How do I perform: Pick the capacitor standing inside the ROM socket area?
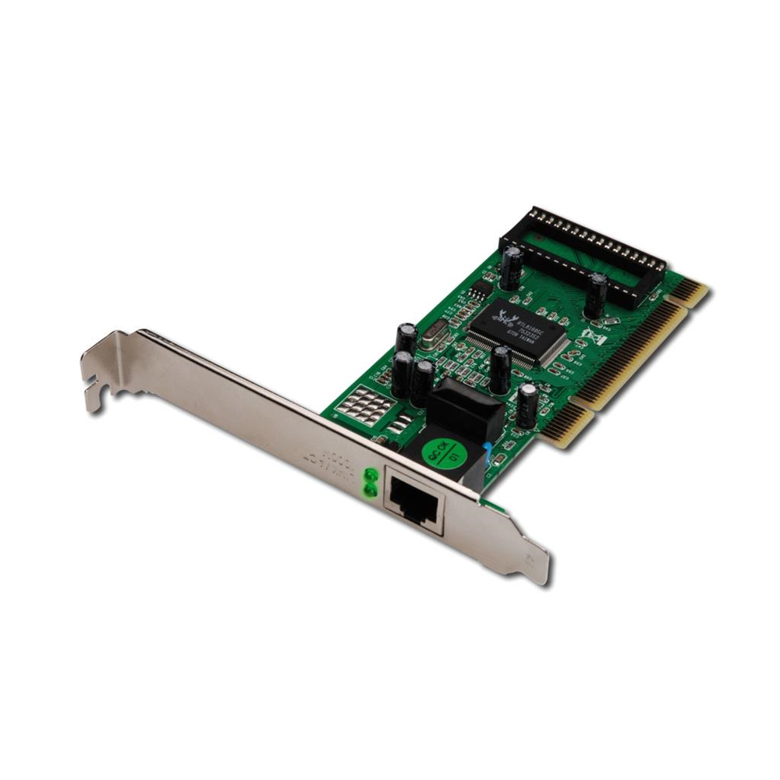(x=597, y=294)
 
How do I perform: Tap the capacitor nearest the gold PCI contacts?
(x=528, y=403)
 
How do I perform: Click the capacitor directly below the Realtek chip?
(x=500, y=368)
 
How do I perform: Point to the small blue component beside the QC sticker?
(x=487, y=453)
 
